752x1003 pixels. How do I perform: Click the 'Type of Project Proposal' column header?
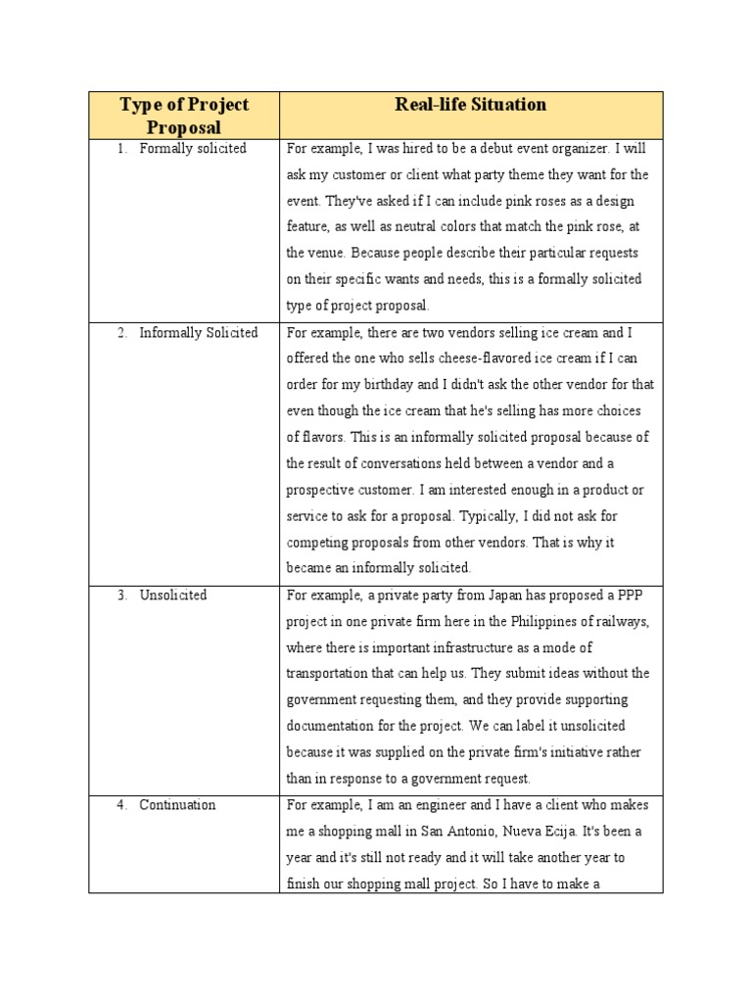click(184, 116)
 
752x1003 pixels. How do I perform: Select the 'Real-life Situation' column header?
click(471, 105)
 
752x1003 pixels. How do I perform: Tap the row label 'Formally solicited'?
click(193, 149)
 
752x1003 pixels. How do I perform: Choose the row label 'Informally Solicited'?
click(199, 333)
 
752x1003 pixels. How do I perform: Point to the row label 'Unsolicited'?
click(173, 596)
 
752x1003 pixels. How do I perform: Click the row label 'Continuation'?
click(177, 805)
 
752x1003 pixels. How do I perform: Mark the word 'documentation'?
click(333, 727)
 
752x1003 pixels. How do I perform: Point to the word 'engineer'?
click(428, 805)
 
